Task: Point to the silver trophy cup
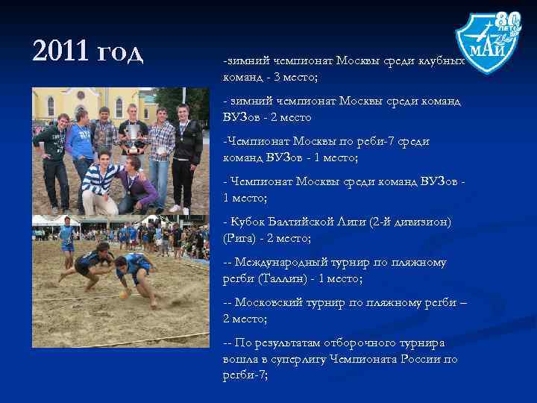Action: pos(134,137)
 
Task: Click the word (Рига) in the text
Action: pos(239,238)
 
